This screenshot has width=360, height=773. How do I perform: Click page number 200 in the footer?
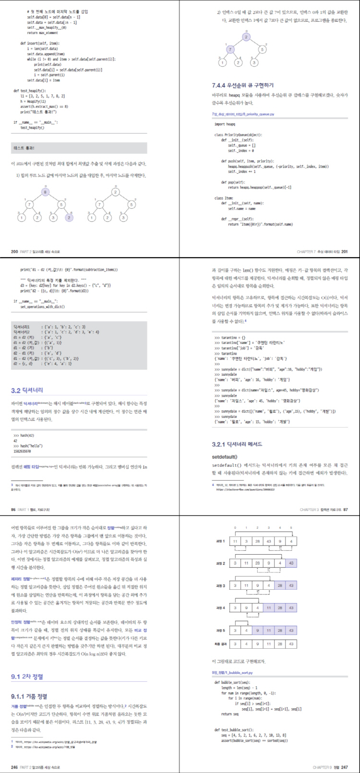point(14,251)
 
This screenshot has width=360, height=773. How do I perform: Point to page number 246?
point(14,767)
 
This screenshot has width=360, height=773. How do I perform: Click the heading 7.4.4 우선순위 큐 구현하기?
point(243,85)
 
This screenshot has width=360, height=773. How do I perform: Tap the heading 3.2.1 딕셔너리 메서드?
point(237,444)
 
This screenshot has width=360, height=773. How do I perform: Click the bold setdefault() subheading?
point(225,457)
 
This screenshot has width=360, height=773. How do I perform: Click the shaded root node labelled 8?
point(46,192)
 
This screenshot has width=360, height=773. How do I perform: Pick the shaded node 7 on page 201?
point(230,49)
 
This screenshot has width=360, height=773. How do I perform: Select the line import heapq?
point(225,124)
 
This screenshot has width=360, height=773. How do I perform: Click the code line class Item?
point(224,198)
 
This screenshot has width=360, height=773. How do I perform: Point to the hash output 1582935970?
point(22,452)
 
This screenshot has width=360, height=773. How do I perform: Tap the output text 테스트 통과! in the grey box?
point(24,148)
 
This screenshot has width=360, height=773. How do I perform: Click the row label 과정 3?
point(220,586)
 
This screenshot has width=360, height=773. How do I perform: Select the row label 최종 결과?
point(220,644)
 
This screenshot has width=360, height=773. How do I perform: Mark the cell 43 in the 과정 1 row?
point(268,541)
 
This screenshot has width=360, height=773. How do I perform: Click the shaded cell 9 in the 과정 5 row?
point(257,630)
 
